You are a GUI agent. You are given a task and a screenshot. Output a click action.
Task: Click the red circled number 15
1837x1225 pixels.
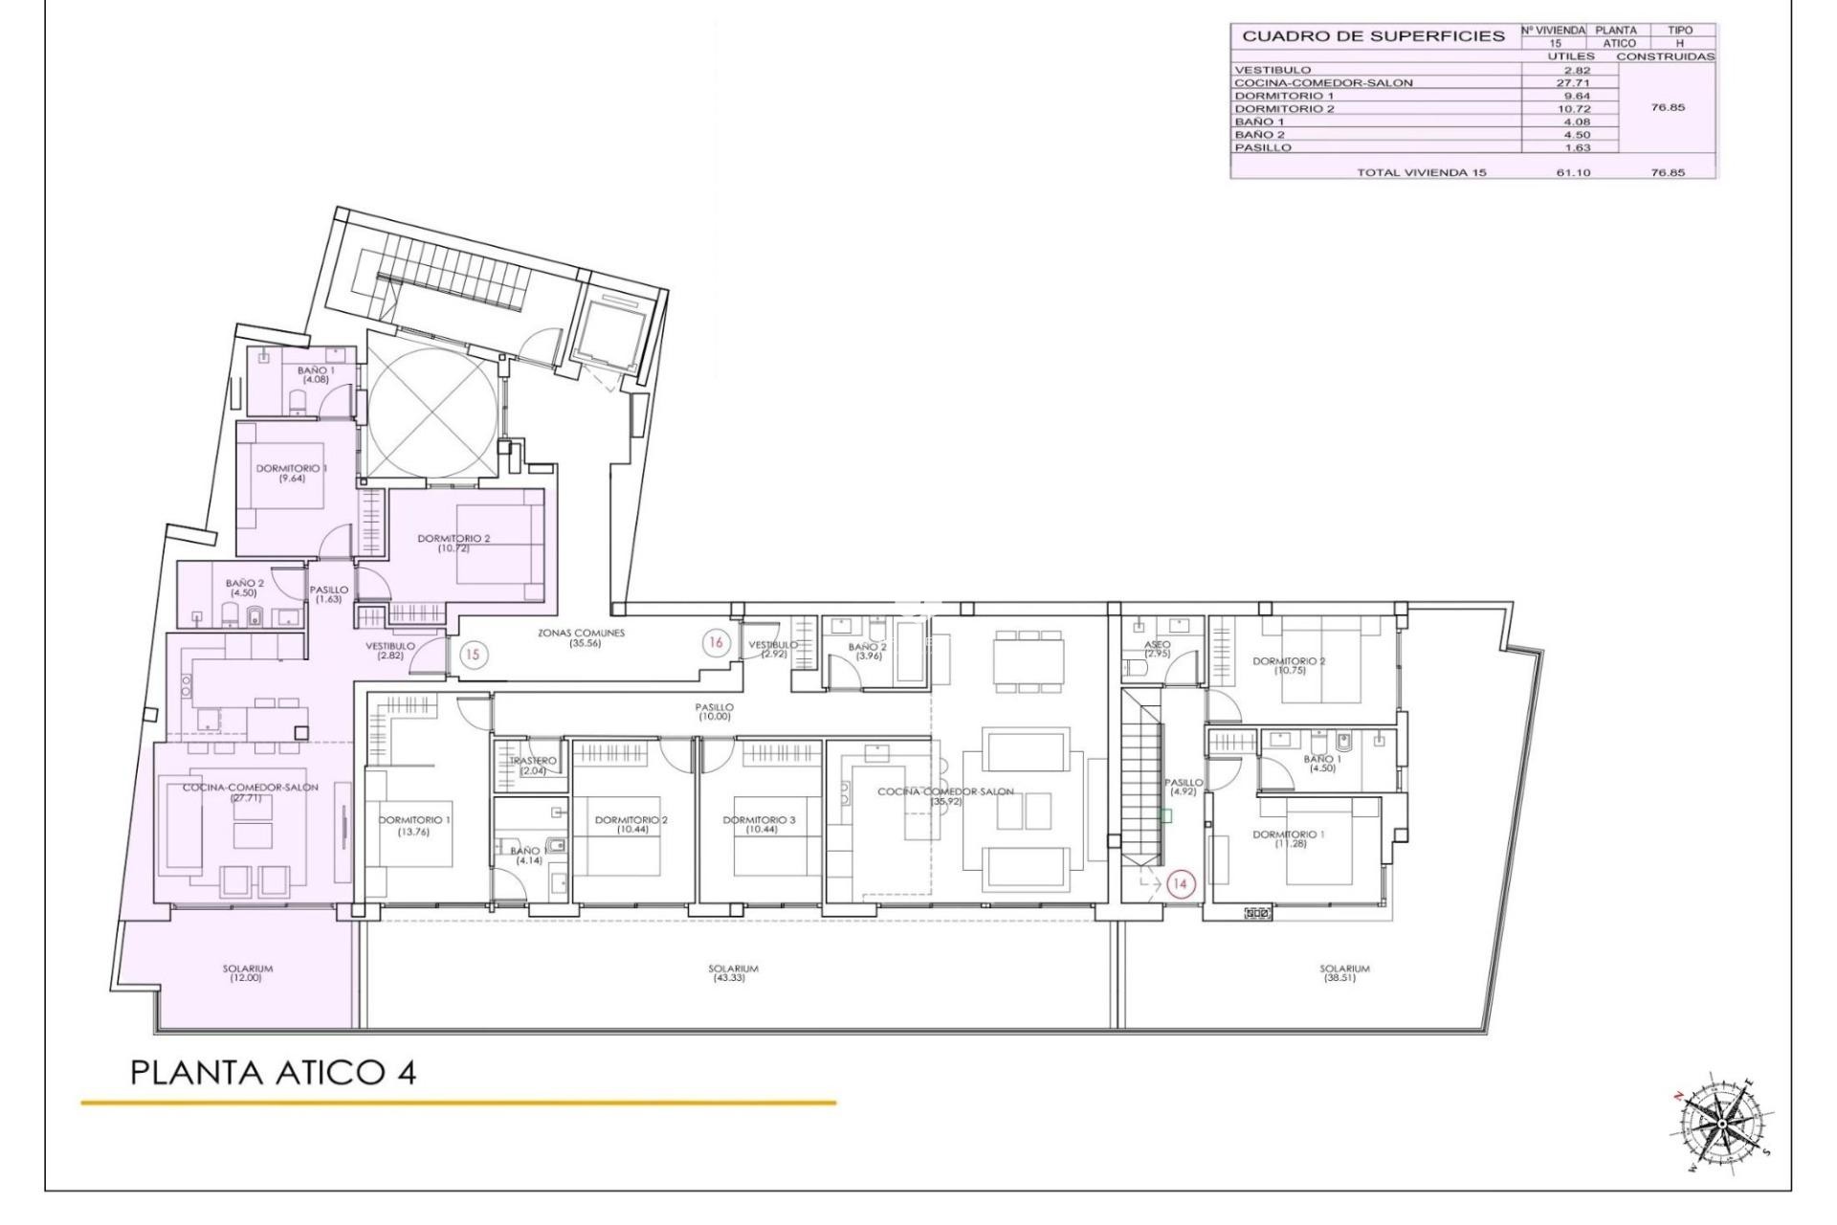click(473, 656)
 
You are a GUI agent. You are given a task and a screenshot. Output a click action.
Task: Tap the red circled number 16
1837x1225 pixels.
click(715, 644)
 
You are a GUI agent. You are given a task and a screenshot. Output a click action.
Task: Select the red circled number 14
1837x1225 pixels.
click(1180, 884)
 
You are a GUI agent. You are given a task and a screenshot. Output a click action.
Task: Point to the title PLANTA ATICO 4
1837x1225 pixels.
click(273, 1073)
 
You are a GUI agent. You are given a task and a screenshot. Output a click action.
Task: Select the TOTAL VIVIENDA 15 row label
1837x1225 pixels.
click(1421, 172)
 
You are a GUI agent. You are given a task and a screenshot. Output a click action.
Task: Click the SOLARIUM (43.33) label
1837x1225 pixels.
click(733, 973)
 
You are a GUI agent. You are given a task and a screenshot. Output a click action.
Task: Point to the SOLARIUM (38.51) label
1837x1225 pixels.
click(1344, 973)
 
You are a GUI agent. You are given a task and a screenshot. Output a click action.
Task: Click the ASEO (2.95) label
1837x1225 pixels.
click(1157, 649)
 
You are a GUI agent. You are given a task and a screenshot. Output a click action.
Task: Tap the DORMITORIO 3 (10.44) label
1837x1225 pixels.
click(759, 825)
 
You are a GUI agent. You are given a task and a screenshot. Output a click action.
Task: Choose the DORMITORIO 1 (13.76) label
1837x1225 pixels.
click(414, 825)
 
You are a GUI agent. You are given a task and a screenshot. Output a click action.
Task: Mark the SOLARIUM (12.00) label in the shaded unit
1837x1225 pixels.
click(247, 973)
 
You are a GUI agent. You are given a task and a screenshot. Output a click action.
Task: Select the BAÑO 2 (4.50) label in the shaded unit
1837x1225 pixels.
click(244, 587)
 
